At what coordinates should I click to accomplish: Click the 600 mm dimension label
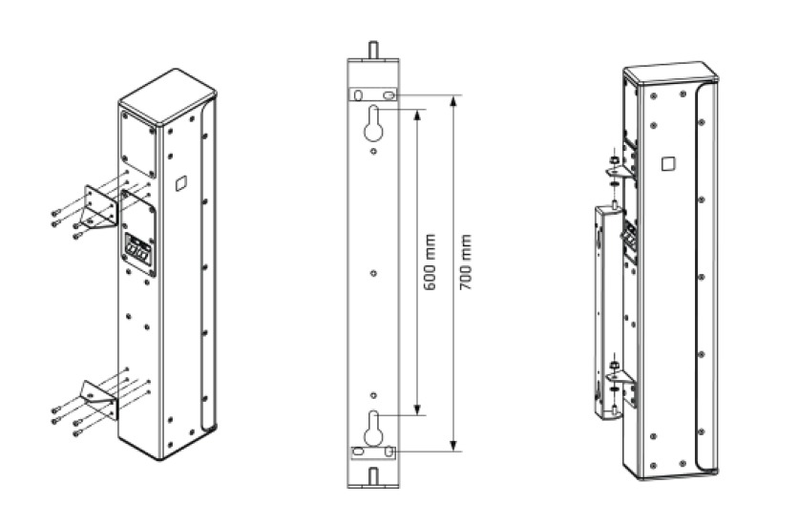(x=430, y=262)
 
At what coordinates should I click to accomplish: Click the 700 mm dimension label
(x=466, y=262)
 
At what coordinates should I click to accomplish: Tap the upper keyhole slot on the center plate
(x=373, y=123)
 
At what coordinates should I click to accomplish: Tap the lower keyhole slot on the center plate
(x=373, y=426)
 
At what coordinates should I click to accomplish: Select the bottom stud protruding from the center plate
(x=373, y=474)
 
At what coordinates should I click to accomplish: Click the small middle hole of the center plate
(x=373, y=273)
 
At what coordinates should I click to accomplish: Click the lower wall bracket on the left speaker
(x=98, y=399)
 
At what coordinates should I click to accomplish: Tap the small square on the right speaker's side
(x=667, y=165)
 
